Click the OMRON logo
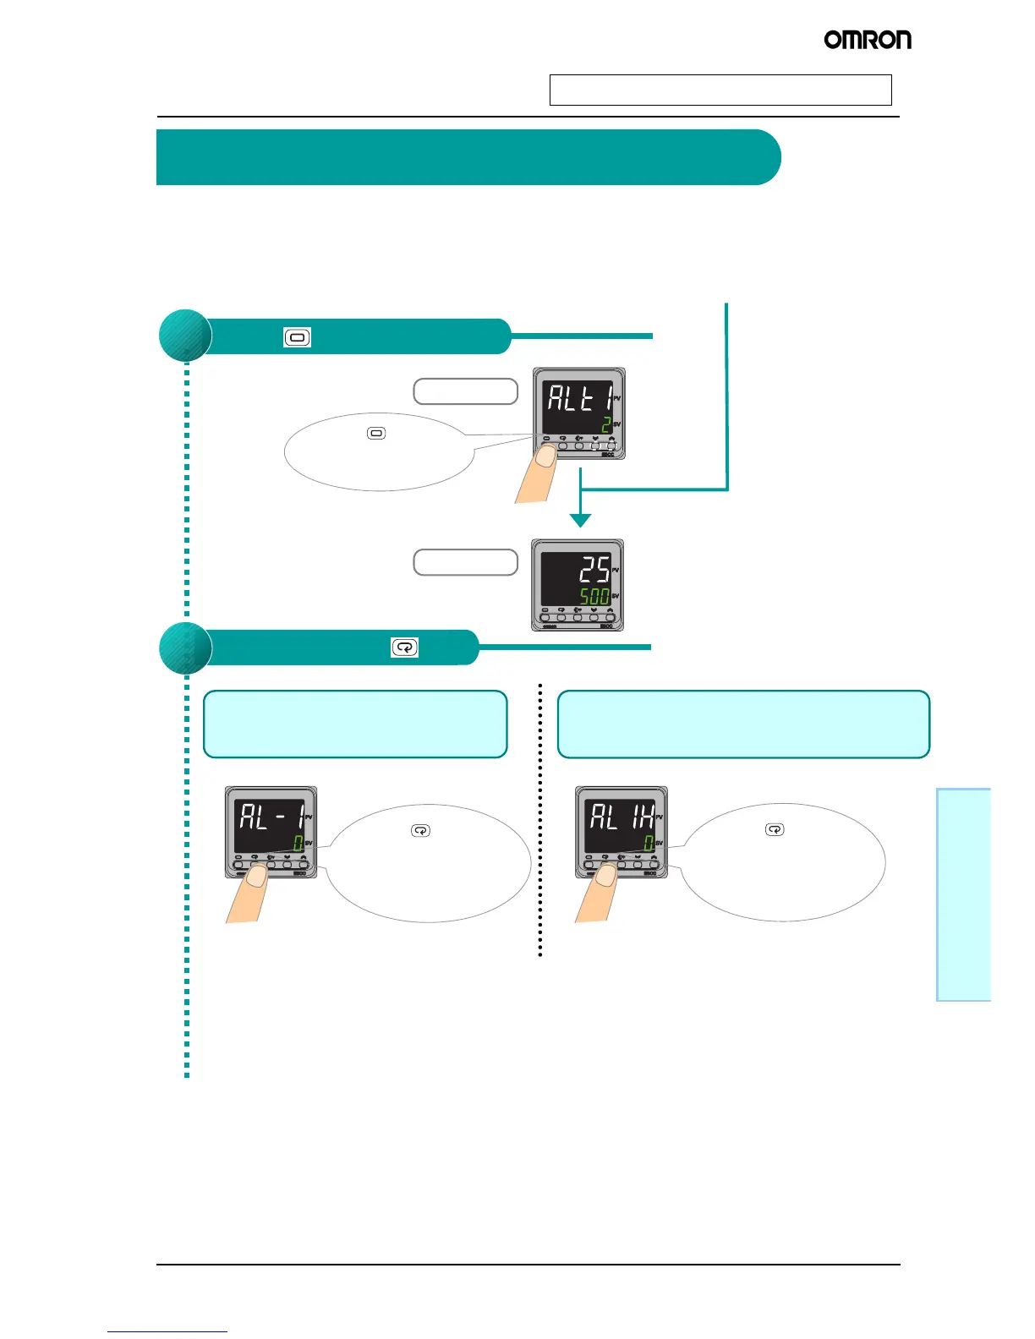tap(868, 40)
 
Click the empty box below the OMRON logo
tap(720, 90)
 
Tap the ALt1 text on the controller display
tap(579, 396)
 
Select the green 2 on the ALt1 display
tap(606, 424)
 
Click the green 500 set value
tap(594, 596)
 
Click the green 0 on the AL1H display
tap(649, 843)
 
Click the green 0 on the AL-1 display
tap(298, 843)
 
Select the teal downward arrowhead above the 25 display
tap(580, 520)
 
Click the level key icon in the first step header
tap(297, 337)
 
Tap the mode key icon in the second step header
tap(405, 648)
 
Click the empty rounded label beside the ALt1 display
tap(465, 391)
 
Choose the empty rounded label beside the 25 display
tap(465, 562)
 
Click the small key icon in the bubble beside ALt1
tap(376, 434)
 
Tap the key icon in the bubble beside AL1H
tap(775, 829)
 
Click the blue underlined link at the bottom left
tap(167, 1331)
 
